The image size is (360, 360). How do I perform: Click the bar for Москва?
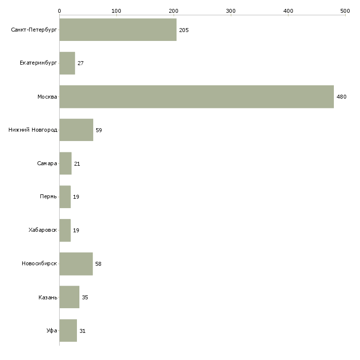tap(196, 97)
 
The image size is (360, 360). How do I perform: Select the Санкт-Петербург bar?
tap(118, 30)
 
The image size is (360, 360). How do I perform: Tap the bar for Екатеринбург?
tap(67, 63)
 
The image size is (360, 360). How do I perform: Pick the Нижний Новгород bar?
tap(76, 130)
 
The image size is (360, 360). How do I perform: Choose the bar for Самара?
tap(65, 164)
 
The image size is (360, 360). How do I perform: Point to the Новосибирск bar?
tap(76, 264)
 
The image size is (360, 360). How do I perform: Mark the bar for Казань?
tap(69, 297)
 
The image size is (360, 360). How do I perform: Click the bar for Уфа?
tap(68, 331)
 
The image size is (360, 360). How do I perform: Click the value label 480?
tap(341, 97)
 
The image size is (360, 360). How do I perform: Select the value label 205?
tap(184, 30)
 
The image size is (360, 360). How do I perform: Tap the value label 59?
tap(99, 130)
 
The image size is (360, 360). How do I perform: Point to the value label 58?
tap(98, 264)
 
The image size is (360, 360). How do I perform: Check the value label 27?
tap(80, 63)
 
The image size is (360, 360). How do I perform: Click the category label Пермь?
tap(48, 197)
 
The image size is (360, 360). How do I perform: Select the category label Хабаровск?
tap(43, 230)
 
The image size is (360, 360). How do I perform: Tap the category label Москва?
tap(47, 97)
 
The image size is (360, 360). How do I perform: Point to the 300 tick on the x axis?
tap(231, 10)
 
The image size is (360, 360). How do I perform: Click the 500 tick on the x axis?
tap(345, 10)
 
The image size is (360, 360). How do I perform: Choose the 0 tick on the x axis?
tap(59, 10)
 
